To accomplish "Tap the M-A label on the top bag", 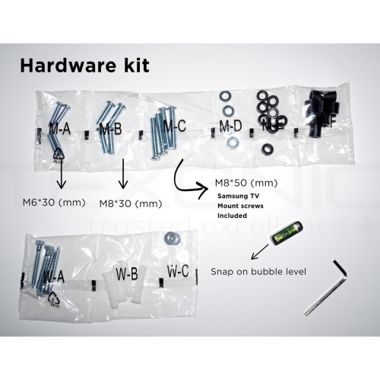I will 60,129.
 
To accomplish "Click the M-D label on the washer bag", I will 230,125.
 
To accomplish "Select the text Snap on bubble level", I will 252,271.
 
